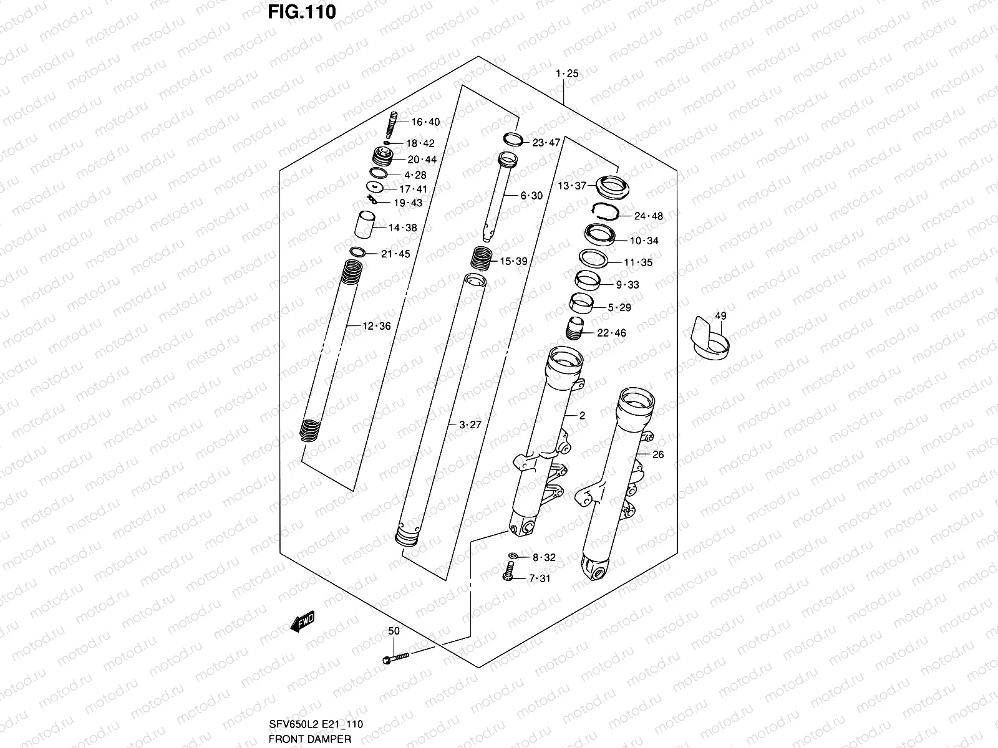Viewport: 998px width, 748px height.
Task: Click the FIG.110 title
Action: point(302,12)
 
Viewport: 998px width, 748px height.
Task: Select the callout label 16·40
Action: point(425,122)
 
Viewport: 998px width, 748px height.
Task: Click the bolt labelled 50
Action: point(394,657)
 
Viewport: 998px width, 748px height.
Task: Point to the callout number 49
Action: point(720,316)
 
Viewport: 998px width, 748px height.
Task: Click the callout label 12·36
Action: point(377,326)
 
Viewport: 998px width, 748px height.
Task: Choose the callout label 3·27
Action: point(470,425)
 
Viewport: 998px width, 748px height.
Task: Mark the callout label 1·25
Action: point(567,74)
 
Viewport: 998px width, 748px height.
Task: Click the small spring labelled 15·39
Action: point(482,257)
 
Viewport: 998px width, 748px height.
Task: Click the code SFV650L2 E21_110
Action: point(317,724)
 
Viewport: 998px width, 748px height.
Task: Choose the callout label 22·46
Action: point(611,333)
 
